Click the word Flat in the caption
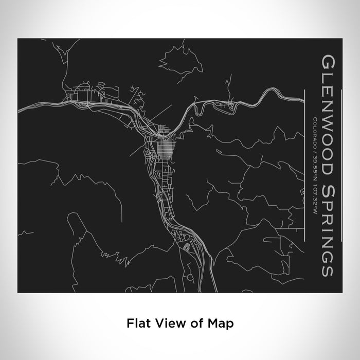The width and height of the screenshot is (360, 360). point(135,323)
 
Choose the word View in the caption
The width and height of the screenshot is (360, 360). point(163,323)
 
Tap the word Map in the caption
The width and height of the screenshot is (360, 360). point(224,323)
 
